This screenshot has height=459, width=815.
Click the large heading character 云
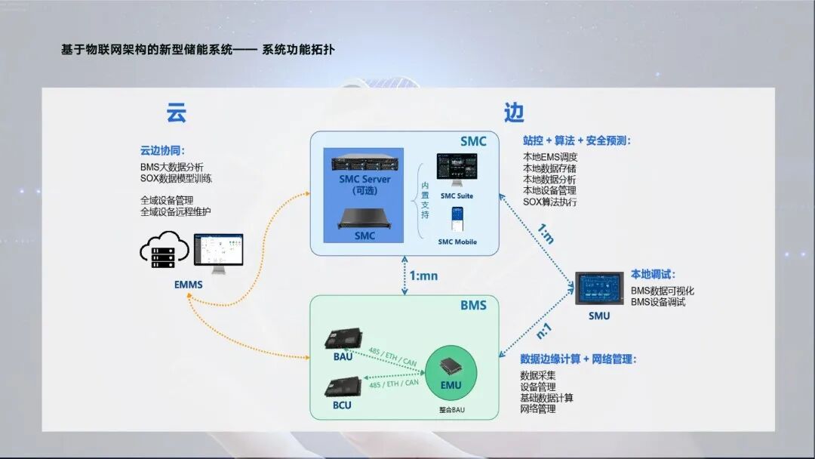coord(176,113)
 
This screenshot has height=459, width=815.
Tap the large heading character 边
coord(514,113)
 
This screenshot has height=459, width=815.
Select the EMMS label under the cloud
coord(189,285)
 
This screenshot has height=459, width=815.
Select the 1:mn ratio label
coord(423,276)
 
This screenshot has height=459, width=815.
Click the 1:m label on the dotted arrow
coord(546,235)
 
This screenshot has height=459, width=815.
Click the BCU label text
coord(341,405)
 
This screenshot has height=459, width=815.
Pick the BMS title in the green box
coord(473,305)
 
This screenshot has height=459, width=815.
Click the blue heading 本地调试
coord(653,275)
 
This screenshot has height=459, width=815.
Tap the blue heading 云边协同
coord(162,150)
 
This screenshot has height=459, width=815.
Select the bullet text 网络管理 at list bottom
coord(537,408)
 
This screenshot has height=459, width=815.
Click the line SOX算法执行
coord(549,202)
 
